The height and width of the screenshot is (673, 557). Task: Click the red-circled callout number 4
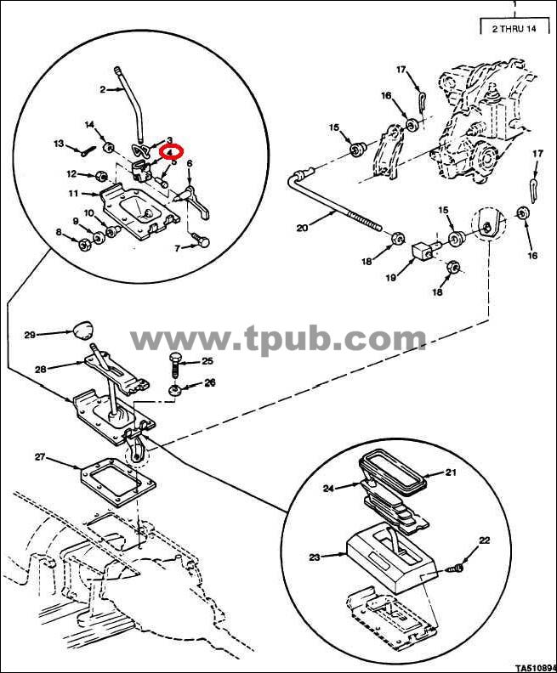coord(171,151)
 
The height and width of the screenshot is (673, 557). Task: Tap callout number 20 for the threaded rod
coord(303,228)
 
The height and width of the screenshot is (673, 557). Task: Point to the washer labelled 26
coord(174,391)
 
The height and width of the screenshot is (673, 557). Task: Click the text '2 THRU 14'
coord(514,29)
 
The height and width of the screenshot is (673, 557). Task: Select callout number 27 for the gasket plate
coord(40,457)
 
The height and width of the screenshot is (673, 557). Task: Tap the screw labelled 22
coord(455,568)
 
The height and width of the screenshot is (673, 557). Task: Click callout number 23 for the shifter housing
coord(315,557)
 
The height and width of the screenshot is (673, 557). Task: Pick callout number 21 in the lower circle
coord(451,472)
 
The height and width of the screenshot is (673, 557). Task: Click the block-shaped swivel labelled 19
coord(423,252)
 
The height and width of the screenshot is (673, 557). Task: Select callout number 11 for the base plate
coord(73,194)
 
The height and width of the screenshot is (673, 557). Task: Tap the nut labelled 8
coord(83,246)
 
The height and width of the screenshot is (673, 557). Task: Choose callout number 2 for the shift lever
coord(102,90)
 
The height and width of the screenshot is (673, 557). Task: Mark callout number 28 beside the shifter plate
coord(41,369)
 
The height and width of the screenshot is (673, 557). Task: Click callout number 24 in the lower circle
coord(328,488)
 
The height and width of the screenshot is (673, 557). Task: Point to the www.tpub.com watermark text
coord(278,339)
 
